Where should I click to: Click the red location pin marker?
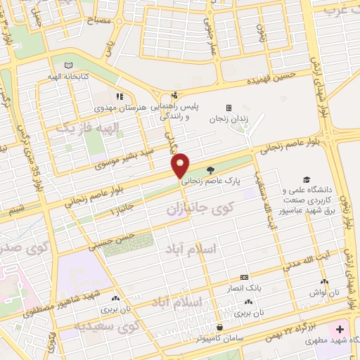pos(181,165)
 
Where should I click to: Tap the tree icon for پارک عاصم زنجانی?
pos(210,169)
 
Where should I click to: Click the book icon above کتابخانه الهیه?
pos(68,65)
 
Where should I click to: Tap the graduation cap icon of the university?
pos(306,180)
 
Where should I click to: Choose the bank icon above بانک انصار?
pos(245,277)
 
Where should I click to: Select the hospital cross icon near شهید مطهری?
pos(341,329)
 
